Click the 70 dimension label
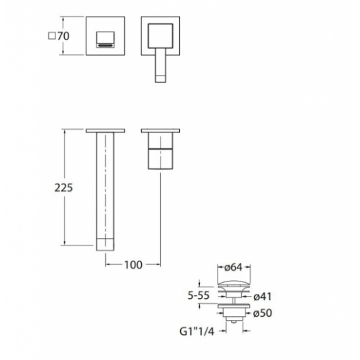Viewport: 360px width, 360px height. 63,36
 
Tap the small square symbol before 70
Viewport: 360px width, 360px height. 52,36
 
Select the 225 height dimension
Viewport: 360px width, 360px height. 63,187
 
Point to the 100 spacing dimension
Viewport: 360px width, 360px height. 133,265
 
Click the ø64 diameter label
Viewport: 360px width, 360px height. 233,267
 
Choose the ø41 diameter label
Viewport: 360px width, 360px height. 263,297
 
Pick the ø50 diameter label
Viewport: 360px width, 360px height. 263,312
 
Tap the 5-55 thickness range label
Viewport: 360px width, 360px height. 199,295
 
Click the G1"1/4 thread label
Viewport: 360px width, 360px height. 197,331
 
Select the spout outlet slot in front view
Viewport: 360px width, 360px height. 105,45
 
